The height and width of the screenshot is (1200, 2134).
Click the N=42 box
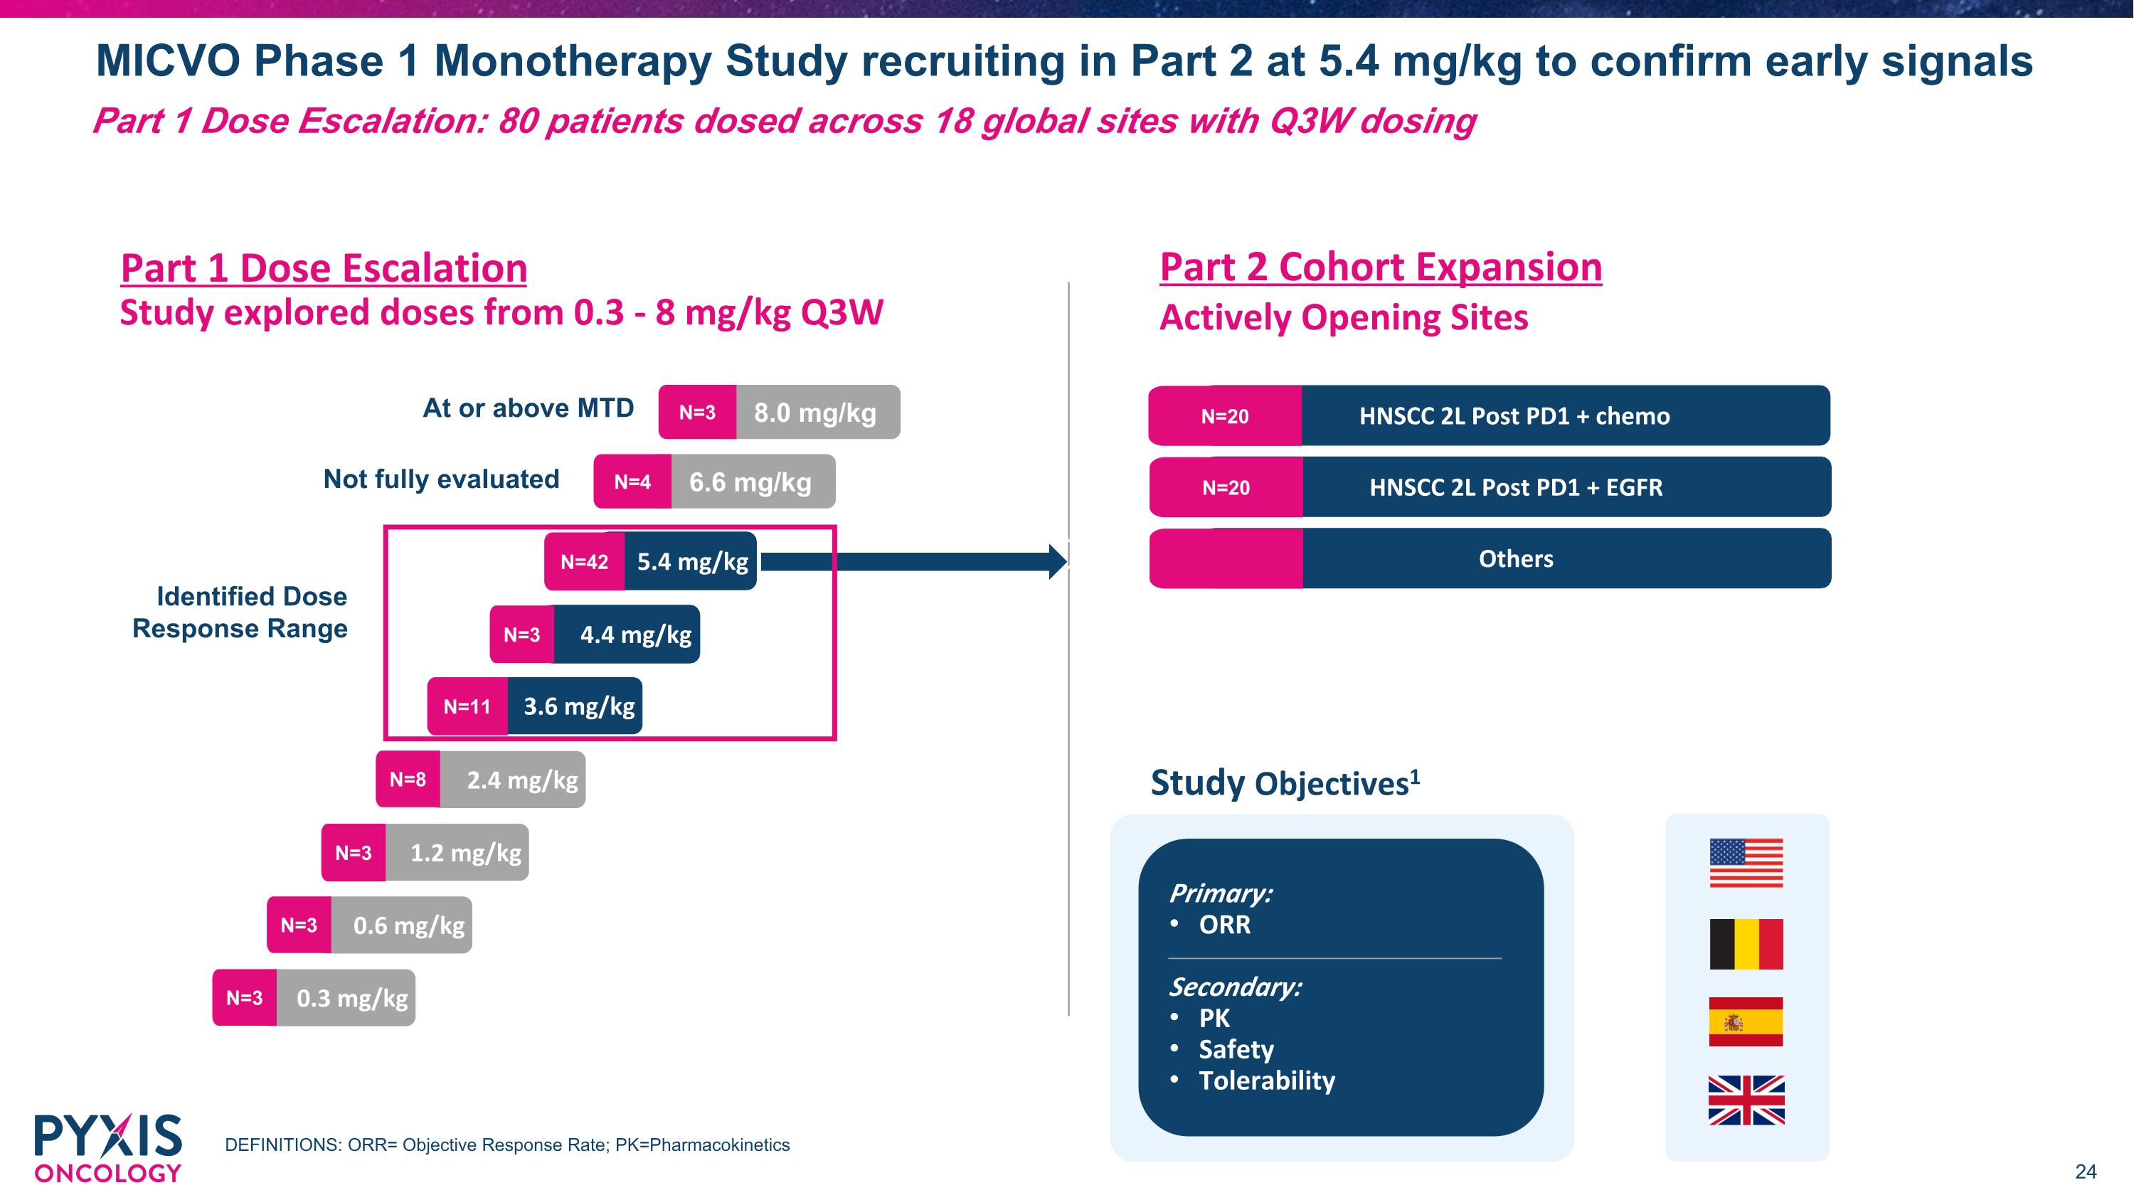coord(584,561)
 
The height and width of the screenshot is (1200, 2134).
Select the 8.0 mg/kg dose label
coord(815,413)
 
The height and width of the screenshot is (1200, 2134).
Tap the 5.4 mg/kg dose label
coord(691,561)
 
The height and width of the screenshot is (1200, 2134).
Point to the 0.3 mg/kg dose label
coord(352,998)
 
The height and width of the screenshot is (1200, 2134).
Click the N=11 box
coord(467,706)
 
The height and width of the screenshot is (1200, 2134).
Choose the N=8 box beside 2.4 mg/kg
coord(408,780)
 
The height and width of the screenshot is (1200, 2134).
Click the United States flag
coord(1746,863)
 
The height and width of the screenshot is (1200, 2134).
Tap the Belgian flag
coord(1746,943)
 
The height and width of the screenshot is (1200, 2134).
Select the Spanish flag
coord(1746,1022)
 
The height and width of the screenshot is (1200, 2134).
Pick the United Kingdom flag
coord(1746,1100)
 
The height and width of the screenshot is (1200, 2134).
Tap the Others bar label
coord(1516,559)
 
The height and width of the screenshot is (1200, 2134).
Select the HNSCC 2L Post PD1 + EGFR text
coord(1516,487)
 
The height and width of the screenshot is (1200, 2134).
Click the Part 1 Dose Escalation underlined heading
coord(324,268)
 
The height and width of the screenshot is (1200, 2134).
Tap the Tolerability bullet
coord(1267,1080)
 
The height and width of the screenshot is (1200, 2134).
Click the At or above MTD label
coord(528,408)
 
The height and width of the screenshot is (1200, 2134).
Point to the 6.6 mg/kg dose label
coord(750,482)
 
